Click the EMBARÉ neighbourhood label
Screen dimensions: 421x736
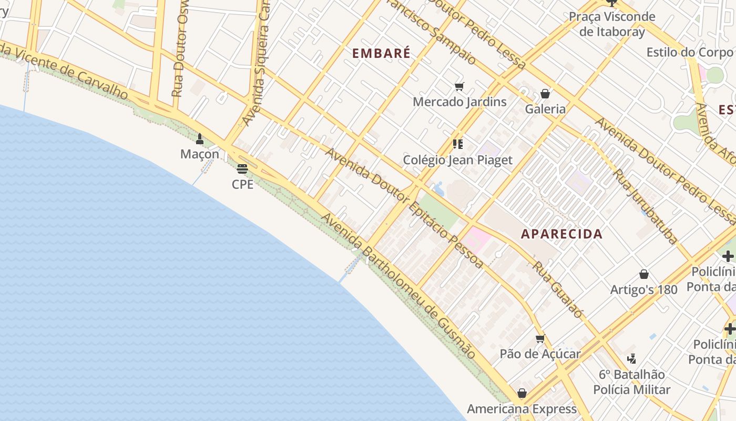(x=381, y=53)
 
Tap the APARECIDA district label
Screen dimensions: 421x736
(x=561, y=234)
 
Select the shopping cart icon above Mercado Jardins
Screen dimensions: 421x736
(x=459, y=87)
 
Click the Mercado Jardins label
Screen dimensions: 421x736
(x=459, y=102)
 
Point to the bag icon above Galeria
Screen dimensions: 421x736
(x=545, y=94)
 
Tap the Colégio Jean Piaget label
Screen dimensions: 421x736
(x=457, y=159)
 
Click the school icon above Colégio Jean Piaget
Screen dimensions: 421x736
(x=457, y=144)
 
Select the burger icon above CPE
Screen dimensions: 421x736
(x=242, y=169)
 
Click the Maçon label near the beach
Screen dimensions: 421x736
(x=200, y=154)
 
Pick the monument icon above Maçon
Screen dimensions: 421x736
(x=200, y=139)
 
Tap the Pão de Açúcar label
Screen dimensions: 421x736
(x=540, y=354)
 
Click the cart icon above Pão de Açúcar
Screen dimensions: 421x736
(x=540, y=339)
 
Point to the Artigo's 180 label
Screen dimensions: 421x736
(x=643, y=289)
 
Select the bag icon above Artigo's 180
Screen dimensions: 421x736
(x=643, y=274)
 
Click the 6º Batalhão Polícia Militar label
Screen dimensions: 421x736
(x=631, y=382)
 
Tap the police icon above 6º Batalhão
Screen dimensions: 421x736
(x=631, y=359)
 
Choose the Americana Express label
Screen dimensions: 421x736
(x=522, y=409)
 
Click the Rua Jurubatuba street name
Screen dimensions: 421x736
(x=646, y=207)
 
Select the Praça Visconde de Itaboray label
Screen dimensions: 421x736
(x=612, y=24)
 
